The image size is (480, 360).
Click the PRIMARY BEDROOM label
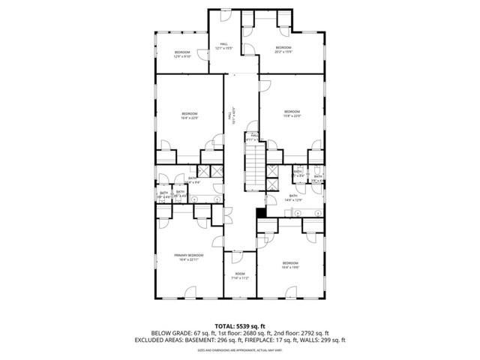point(187,257)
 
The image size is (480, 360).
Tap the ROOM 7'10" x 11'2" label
point(239,276)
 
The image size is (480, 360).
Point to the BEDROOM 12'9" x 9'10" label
point(182,53)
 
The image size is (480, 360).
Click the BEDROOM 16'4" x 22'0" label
point(190,115)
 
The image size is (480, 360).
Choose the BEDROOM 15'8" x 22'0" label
point(292,113)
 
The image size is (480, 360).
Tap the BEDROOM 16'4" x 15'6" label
point(289,265)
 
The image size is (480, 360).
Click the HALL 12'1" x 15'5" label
point(224,46)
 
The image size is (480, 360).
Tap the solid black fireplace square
point(260,212)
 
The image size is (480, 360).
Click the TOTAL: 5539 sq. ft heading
point(239,326)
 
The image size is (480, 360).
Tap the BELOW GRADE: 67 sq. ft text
point(180,333)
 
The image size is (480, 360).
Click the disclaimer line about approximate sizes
point(239,349)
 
